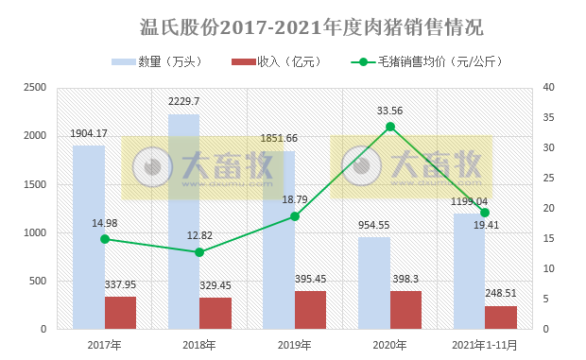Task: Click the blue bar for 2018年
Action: coord(183,222)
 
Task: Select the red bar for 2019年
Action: coord(310,310)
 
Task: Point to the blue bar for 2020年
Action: coord(373,283)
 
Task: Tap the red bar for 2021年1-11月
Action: coord(501,317)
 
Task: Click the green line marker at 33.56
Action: coord(389,127)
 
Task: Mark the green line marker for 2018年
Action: coord(199,252)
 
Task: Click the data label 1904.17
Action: coord(89,133)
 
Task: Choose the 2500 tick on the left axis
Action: coord(34,88)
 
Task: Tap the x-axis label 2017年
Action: coord(104,345)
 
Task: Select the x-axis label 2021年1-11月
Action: coord(484,345)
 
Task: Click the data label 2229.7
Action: coord(183,102)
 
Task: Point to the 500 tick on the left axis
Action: coord(38,282)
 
